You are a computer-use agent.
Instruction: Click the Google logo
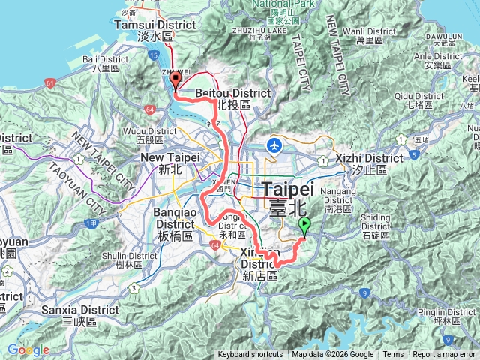pos(28,349)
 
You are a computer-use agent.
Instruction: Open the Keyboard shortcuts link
pos(250,355)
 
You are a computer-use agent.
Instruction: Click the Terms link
pos(392,355)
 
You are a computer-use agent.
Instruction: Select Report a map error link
pos(444,355)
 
